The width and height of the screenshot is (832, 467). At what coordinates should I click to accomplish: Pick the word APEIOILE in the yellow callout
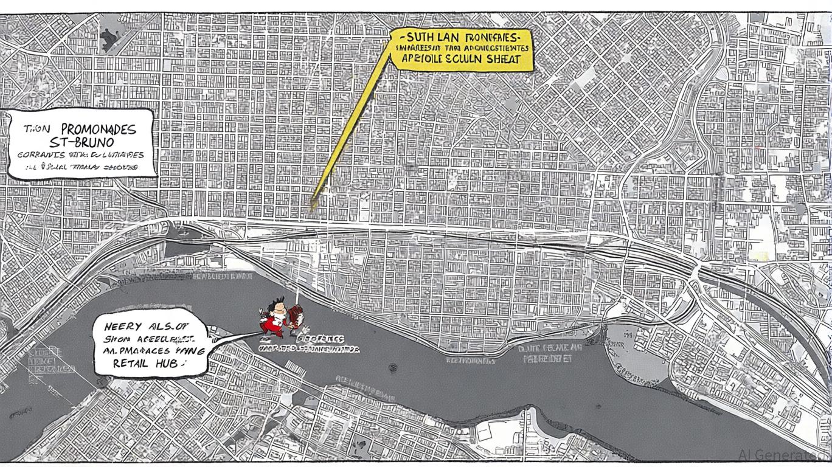coord(423,59)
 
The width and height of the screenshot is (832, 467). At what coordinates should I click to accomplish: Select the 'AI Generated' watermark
coord(785,455)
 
